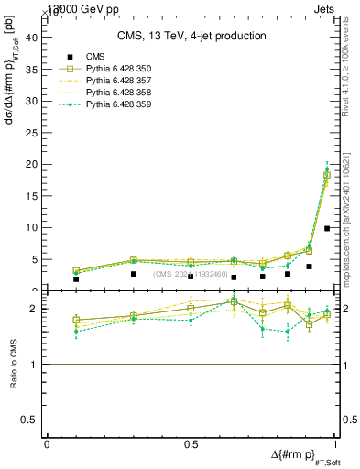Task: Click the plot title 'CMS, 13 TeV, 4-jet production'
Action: tap(192, 36)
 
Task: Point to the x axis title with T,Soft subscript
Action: tap(300, 457)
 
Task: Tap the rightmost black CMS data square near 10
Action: tap(327, 228)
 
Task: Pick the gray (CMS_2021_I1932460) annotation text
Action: tap(190, 273)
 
